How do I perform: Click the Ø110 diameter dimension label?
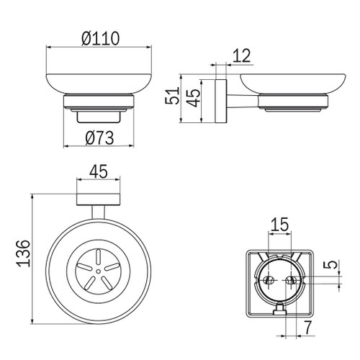100,38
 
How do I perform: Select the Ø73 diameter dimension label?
99,138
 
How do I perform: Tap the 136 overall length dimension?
24,253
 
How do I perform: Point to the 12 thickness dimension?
242,55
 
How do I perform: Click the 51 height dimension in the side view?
172,96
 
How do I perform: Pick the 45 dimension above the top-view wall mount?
99,171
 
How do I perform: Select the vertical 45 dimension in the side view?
194,98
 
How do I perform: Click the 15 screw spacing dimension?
280,224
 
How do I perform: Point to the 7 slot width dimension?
307,328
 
